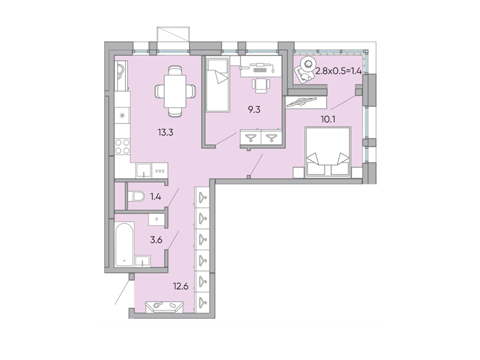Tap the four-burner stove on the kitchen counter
[123, 146]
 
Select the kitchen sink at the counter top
[120, 73]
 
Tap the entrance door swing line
[122, 294]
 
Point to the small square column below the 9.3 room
[250, 176]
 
